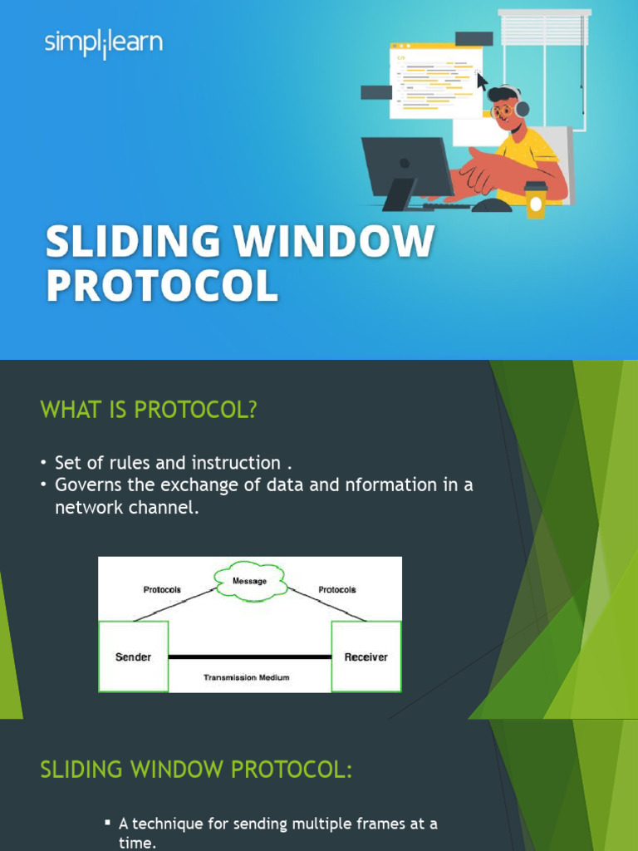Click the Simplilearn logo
click(x=104, y=43)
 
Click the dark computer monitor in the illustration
click(x=406, y=167)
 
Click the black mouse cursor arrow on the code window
click(x=481, y=81)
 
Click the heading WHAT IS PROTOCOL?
click(x=149, y=410)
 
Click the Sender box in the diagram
click(x=133, y=657)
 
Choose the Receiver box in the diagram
click(x=366, y=657)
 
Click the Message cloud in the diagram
click(x=250, y=581)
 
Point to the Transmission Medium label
click(x=247, y=677)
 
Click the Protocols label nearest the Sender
click(x=162, y=589)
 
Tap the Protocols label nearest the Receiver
click(x=337, y=589)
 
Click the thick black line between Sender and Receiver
click(x=250, y=657)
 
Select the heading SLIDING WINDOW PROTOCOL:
click(x=196, y=770)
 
